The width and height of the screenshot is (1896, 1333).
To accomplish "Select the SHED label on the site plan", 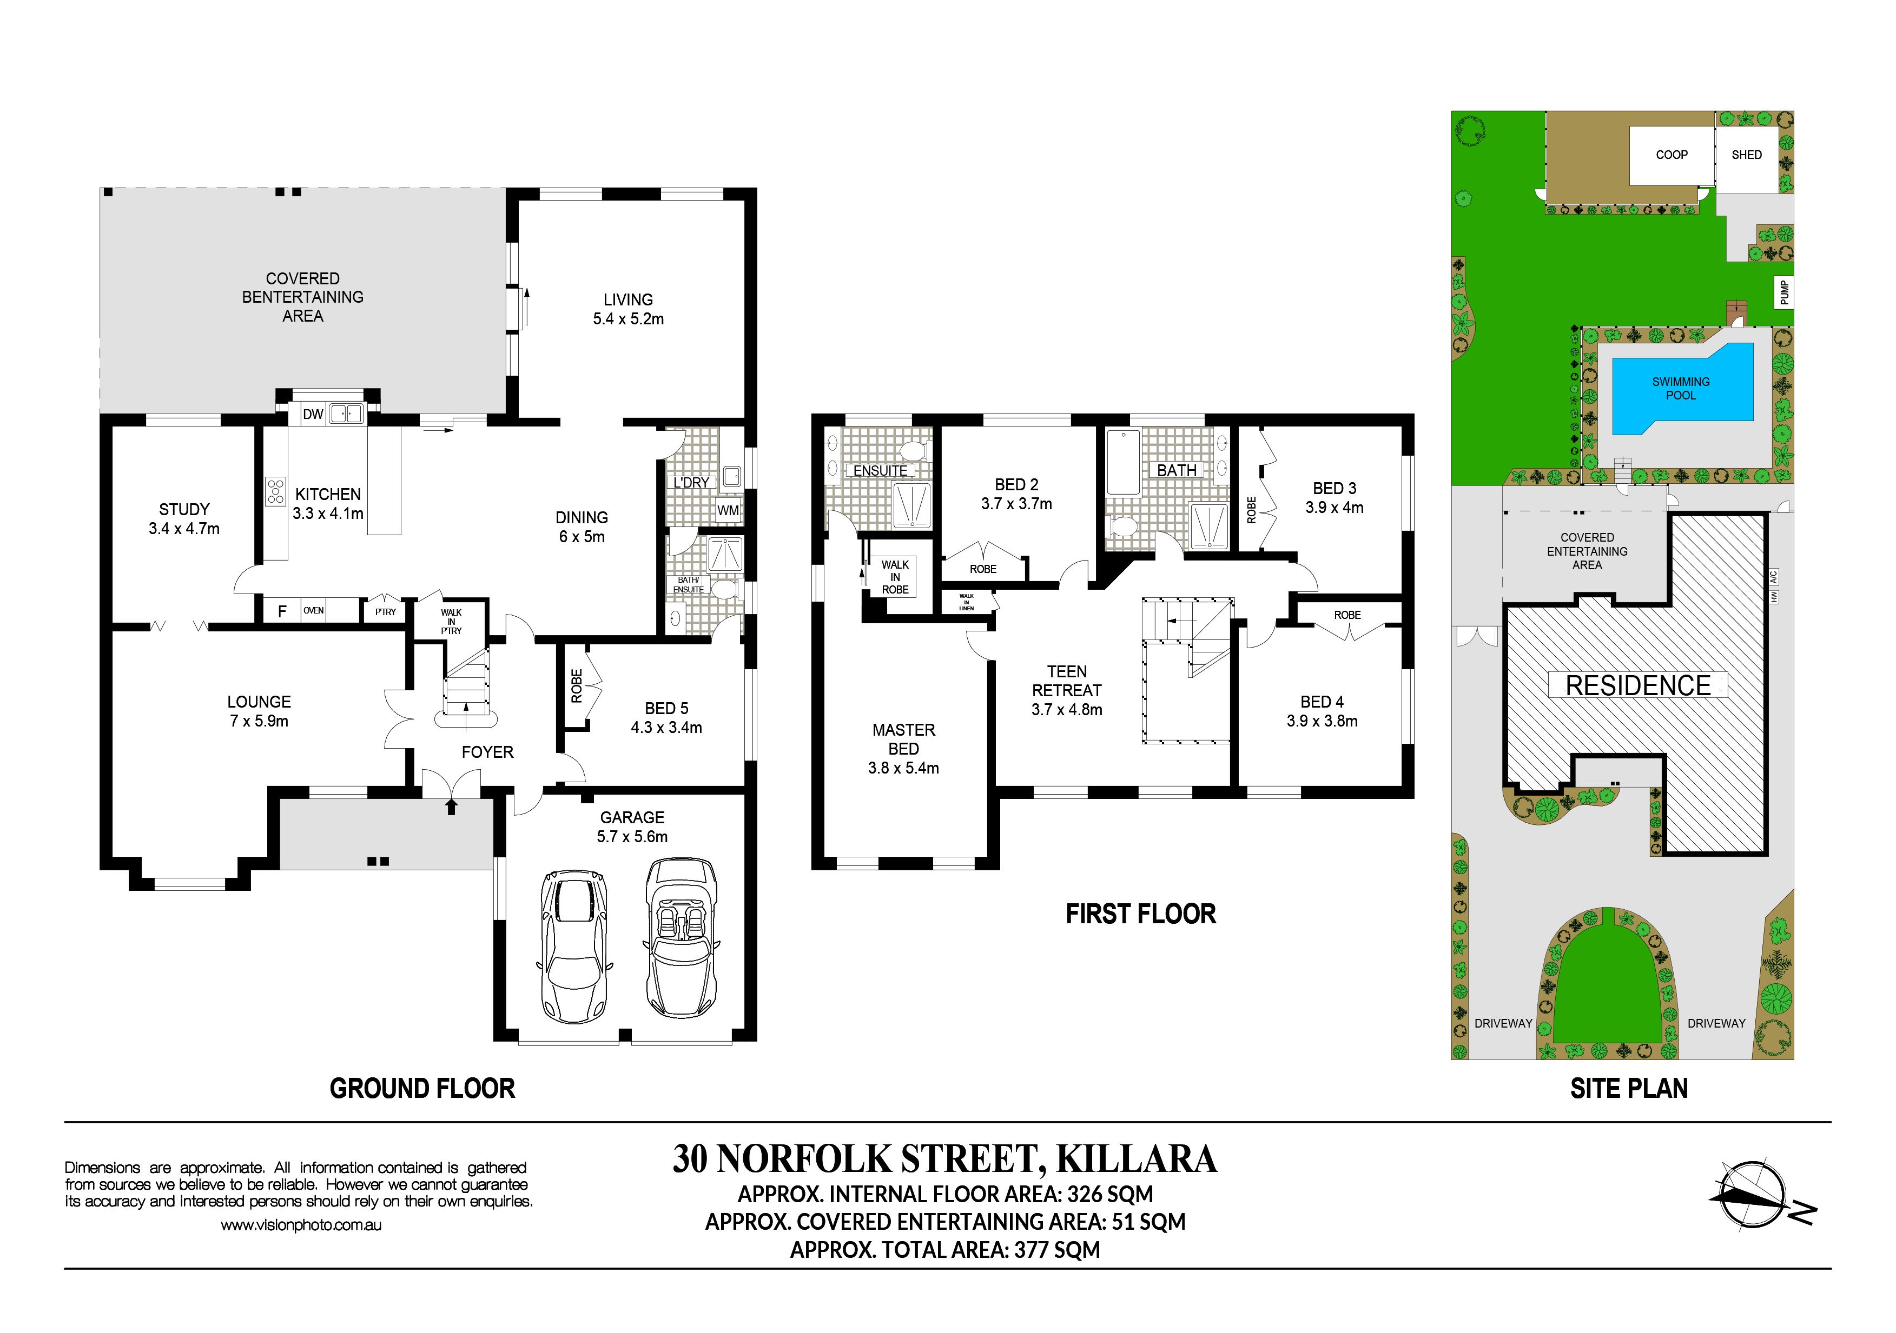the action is tap(1747, 155).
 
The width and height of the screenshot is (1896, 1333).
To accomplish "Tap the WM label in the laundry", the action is tap(728, 510).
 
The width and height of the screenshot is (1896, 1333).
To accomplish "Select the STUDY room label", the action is tap(184, 509).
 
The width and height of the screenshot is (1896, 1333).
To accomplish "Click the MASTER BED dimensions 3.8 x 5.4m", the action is tap(903, 768).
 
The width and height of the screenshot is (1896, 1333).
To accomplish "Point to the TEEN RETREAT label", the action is tap(1067, 681).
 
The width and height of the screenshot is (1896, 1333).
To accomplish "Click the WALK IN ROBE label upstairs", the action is tap(895, 577).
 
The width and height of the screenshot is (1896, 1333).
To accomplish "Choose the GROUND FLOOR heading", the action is tap(422, 1089).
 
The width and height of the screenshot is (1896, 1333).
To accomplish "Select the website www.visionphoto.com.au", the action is tap(301, 1225).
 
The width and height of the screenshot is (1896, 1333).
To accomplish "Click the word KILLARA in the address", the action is tap(1137, 1159).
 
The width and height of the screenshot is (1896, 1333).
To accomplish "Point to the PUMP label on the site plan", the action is tap(1785, 293).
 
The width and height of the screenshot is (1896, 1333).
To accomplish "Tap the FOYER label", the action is tap(487, 752).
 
